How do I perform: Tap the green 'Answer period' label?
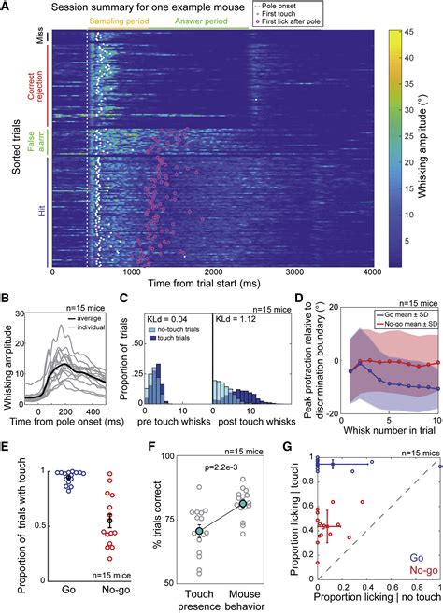click(x=211, y=21)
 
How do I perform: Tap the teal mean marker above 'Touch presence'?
click(x=198, y=531)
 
